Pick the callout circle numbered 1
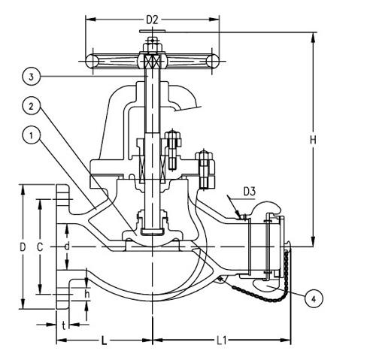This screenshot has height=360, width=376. click(29, 136)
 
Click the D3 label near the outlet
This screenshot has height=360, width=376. click(250, 192)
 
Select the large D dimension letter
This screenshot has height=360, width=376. click(23, 247)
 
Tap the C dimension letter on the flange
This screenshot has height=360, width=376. click(44, 247)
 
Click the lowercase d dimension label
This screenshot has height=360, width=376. click(67, 246)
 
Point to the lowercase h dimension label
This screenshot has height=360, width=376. click(88, 294)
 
